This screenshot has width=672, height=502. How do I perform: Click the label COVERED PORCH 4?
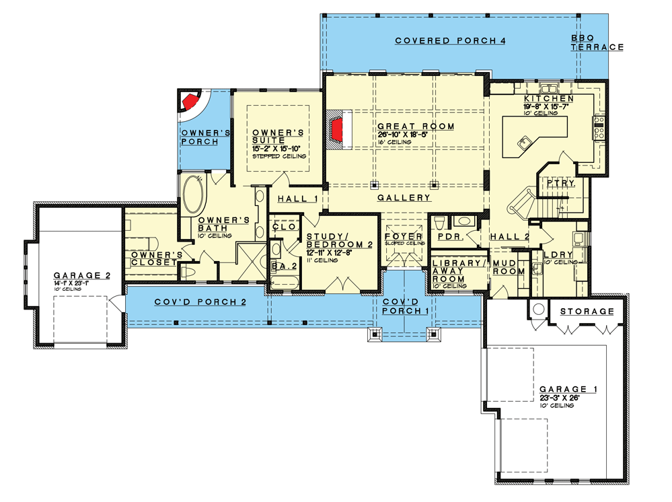coord(450,41)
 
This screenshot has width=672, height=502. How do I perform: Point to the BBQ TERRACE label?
coord(597,42)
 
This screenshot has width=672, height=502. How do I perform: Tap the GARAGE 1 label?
coord(568,390)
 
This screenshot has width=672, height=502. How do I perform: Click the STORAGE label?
coord(587,312)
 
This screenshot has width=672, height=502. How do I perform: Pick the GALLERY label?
coord(404,198)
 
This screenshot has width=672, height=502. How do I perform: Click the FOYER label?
coord(404,237)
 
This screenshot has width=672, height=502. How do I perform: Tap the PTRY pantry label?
coord(560,182)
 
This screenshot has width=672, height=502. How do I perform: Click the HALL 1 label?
coord(297,199)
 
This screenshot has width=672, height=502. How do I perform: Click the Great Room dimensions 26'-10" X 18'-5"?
coord(415,135)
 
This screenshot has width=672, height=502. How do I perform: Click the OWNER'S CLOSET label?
coord(157,258)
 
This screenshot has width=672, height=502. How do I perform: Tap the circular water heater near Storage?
coord(538,310)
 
